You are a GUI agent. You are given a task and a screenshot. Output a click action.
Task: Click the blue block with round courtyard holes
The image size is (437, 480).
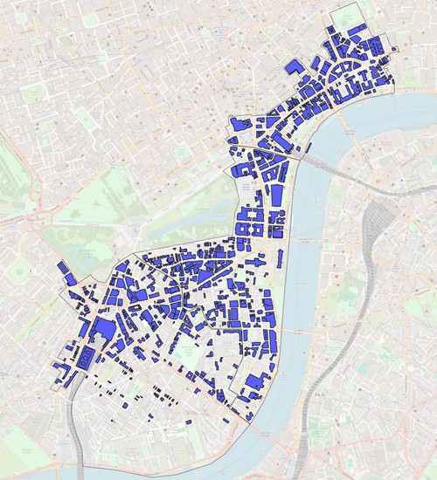pyautogui.click(x=86, y=358)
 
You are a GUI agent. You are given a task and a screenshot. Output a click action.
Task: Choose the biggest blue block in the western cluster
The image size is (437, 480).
pyautogui.click(x=101, y=332)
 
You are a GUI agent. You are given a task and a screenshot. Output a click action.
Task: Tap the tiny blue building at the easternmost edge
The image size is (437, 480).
pyautogui.click(x=395, y=48)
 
